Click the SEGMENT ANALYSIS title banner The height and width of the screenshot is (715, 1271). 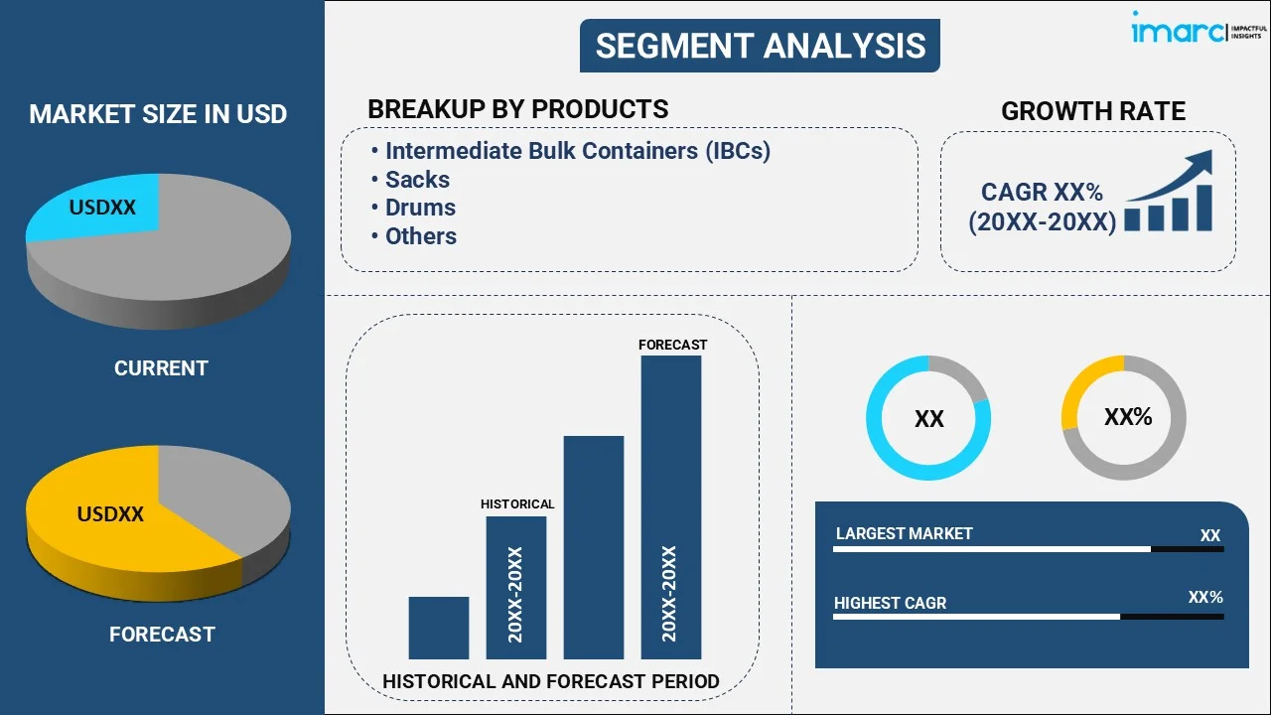(760, 46)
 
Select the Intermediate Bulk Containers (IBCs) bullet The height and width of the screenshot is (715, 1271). (577, 151)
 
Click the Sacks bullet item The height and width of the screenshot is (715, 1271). (417, 180)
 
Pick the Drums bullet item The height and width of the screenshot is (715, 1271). (420, 208)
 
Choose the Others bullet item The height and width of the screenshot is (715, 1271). (421, 236)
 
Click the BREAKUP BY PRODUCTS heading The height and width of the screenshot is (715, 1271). (517, 109)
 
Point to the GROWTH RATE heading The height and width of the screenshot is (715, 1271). (1092, 111)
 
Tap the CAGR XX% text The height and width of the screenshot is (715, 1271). (1042, 193)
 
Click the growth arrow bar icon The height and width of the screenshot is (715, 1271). (1169, 193)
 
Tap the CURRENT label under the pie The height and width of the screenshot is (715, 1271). (161, 368)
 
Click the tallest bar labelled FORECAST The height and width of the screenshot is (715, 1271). (671, 506)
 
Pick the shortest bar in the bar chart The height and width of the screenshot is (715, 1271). (438, 628)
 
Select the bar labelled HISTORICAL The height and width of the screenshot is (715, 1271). (515, 587)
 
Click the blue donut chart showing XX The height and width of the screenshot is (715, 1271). (928, 418)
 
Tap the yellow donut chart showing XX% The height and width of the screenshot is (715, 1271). (1124, 418)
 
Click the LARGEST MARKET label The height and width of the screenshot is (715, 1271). (904, 534)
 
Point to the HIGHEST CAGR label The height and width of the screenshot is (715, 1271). (890, 603)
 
